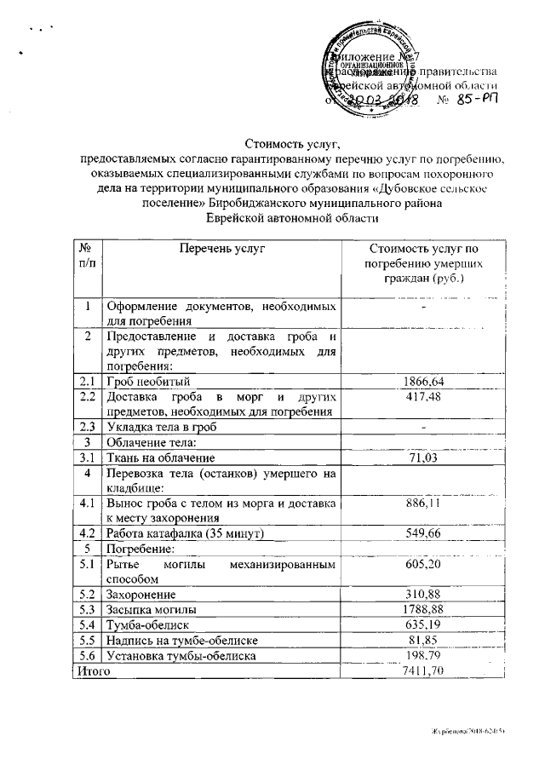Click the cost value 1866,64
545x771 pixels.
423,381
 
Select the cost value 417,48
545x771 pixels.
423,396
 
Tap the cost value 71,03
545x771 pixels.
423,457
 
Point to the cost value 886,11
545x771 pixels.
423,503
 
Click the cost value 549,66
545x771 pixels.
423,533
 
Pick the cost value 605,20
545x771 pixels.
423,564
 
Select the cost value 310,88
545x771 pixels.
423,594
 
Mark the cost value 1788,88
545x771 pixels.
423,609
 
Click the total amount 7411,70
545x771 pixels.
423,671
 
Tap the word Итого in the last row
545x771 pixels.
89,671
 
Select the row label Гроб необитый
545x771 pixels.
152,381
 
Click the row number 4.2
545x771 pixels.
85,533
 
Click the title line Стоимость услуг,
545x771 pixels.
292,142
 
